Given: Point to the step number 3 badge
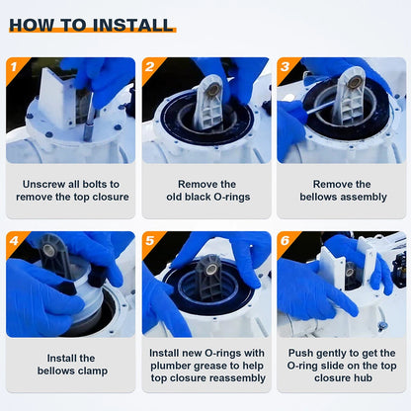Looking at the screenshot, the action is point(285,67).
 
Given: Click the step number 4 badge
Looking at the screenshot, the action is point(14,241).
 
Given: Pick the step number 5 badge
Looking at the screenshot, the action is point(150,241).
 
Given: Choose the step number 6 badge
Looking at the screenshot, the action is point(285,241).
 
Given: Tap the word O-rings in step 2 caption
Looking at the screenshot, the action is point(232,197).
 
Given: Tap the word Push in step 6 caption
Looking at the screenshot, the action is point(300,353).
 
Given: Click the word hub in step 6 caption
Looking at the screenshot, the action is point(363,378).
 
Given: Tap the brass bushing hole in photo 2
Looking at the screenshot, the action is point(214,88).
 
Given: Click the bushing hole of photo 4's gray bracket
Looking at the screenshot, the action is point(48,248).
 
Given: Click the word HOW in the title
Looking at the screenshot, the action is point(32,25).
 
